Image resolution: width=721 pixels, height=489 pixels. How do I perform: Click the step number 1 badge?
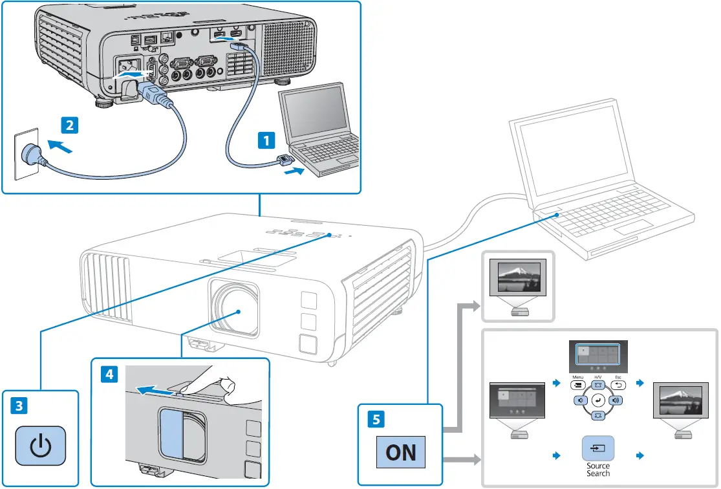266,140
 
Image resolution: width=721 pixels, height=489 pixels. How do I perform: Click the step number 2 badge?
69,125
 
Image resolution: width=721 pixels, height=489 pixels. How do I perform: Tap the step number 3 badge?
19,406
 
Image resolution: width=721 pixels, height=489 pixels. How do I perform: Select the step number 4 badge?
109,374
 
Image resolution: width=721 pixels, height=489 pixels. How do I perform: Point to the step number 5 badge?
376,419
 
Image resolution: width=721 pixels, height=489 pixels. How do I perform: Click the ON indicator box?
400,452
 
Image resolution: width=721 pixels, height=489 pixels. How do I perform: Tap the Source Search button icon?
597,448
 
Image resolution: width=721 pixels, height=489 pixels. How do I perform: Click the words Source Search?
597,469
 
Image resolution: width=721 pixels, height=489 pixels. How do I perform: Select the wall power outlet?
27,154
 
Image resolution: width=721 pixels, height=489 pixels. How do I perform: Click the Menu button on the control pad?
578,385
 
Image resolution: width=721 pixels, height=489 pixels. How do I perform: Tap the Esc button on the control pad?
618,385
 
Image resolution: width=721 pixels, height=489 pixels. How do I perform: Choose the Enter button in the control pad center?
597,400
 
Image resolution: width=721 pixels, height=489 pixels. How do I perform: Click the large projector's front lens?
235,309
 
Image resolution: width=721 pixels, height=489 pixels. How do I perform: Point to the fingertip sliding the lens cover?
225,385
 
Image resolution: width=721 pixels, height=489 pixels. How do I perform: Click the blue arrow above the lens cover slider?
156,391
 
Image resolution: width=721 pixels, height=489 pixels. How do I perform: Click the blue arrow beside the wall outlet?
59,146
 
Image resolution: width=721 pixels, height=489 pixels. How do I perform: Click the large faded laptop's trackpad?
634,228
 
